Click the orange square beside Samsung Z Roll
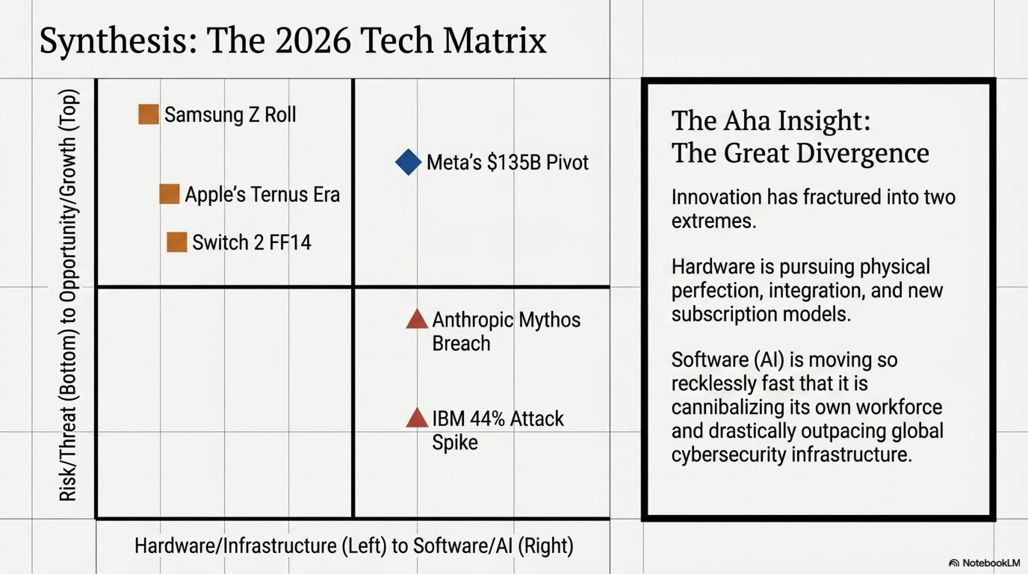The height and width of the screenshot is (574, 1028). point(148,115)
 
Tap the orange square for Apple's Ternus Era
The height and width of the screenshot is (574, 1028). point(169,194)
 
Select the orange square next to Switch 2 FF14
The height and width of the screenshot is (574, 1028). point(177,242)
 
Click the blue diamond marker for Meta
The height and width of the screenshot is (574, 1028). point(408,162)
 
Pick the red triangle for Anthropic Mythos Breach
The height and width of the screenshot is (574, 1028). point(417,320)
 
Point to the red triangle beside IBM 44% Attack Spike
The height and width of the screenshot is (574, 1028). point(417,419)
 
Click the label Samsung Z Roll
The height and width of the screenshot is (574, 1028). point(230,115)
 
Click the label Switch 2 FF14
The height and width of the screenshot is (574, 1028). point(251,242)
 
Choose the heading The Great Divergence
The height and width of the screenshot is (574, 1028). point(800,153)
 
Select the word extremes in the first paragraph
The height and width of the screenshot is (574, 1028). point(713,221)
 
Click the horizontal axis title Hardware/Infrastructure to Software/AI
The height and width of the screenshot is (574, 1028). point(354,546)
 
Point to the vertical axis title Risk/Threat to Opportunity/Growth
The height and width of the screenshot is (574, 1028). point(69,295)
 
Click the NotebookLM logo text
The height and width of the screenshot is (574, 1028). point(991,563)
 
